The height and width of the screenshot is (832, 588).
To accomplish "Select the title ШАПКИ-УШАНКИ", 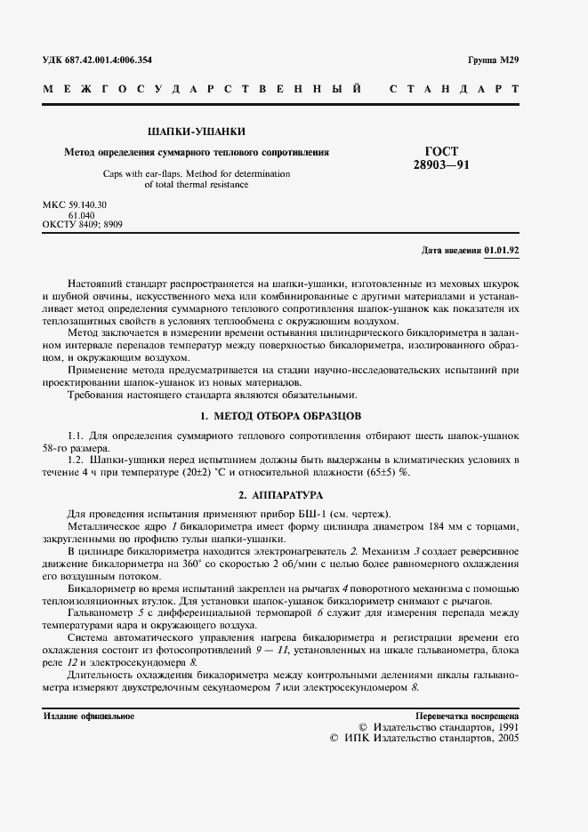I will coord(197,132).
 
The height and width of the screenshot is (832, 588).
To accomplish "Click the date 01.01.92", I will coord(502,251).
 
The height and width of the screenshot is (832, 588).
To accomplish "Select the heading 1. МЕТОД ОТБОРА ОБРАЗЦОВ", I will coord(281,416).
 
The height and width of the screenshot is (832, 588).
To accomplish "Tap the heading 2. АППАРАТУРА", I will coord(280,493).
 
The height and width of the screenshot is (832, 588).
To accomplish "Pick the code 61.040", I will coord(81,215).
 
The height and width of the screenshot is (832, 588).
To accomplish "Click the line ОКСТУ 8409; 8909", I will coord(83,225).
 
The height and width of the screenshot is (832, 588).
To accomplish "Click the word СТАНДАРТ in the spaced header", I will coord(454,90).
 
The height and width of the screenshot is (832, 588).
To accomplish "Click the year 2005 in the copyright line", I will coord(509,738).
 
